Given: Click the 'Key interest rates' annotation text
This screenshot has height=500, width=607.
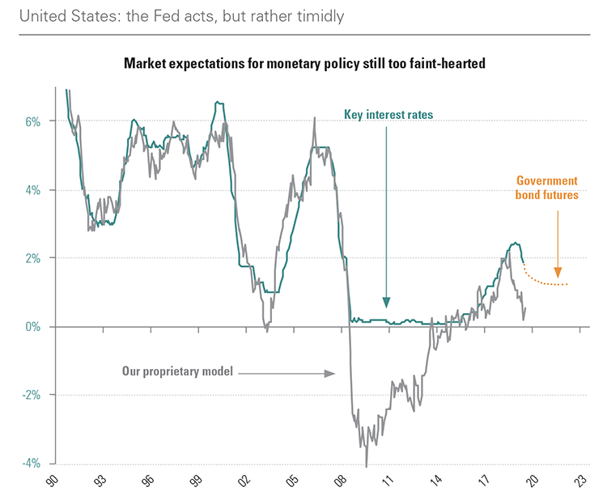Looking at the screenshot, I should (x=388, y=115).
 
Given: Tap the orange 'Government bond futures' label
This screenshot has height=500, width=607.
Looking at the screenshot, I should (x=546, y=188).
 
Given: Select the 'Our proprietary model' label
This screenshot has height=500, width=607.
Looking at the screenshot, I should (x=177, y=372).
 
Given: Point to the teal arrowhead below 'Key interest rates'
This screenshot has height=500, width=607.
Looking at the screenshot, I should (x=387, y=303).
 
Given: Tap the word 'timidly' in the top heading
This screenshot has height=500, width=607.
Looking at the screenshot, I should (x=303, y=15).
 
